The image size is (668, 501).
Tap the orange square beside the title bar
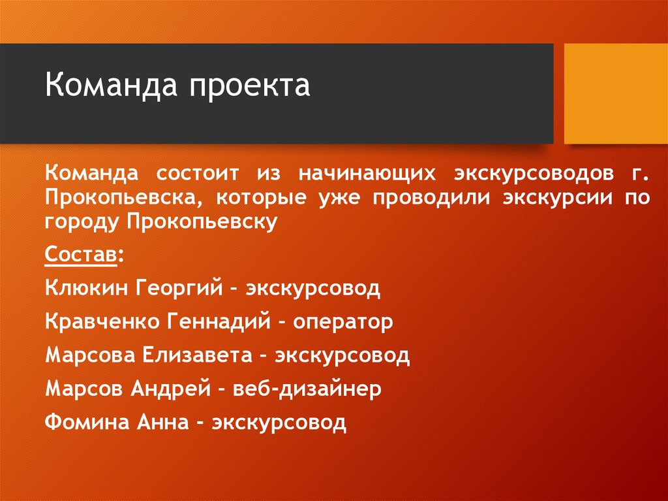point(615,93)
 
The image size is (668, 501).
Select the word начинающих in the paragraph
point(367,174)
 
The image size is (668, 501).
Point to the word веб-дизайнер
point(311,390)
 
